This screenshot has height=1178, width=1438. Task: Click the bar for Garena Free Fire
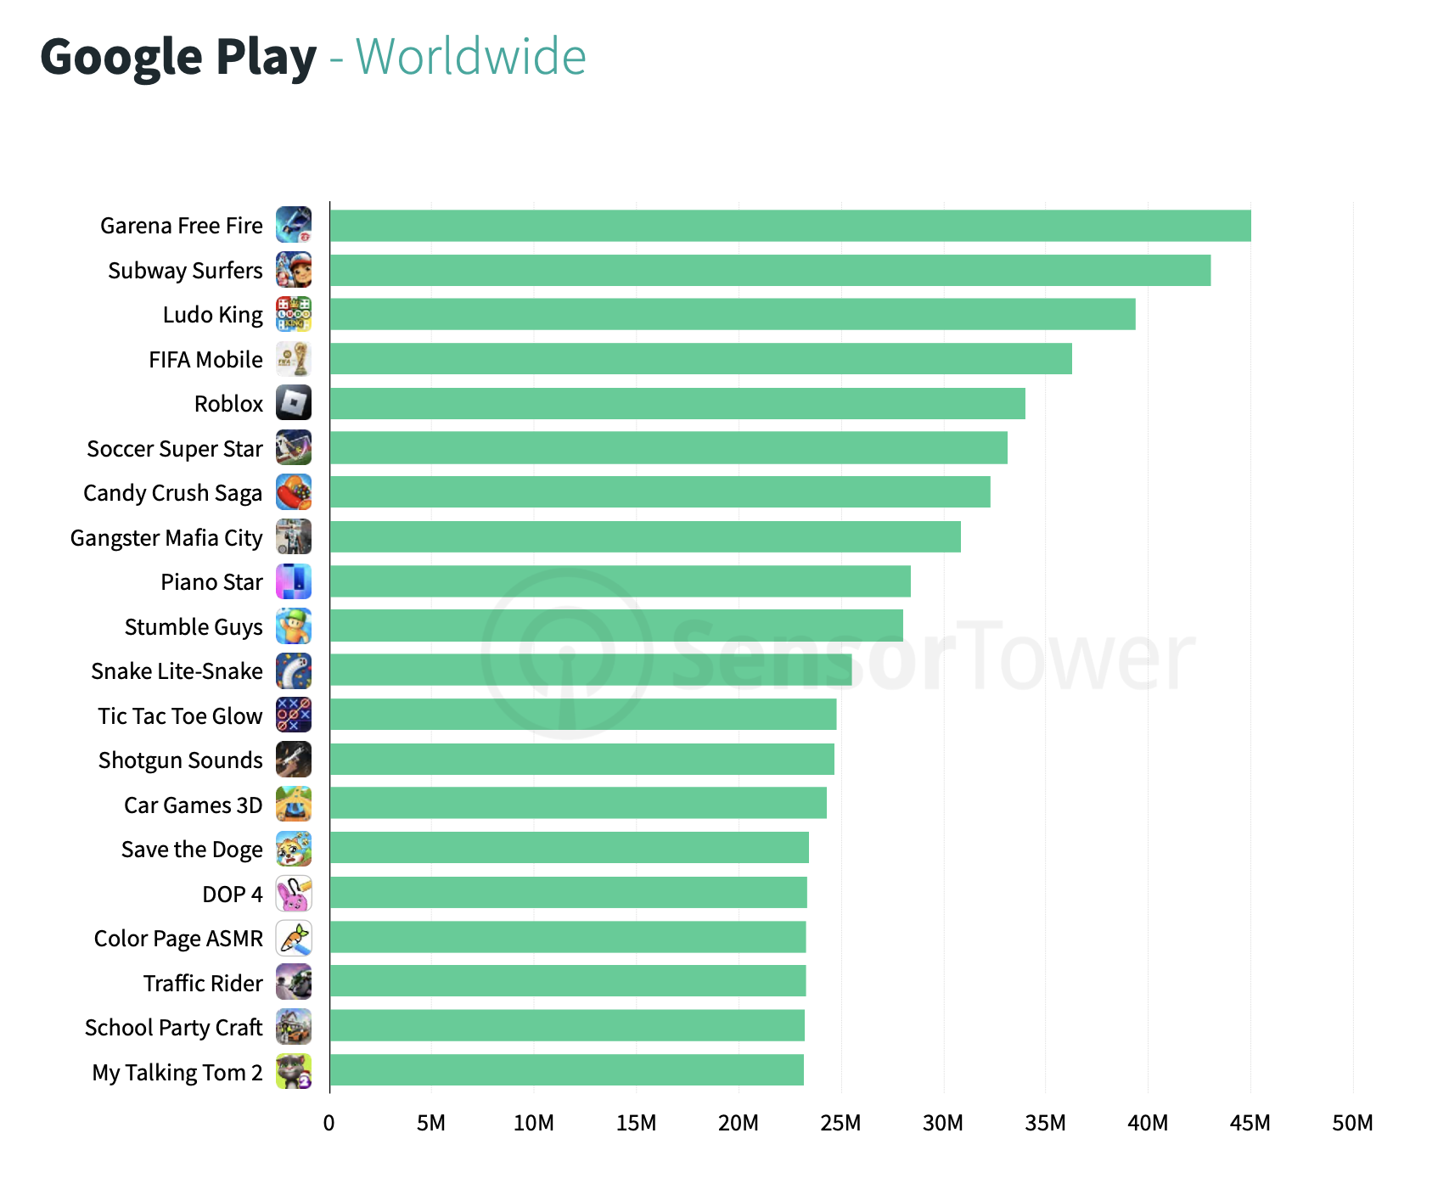pyautogui.click(x=789, y=226)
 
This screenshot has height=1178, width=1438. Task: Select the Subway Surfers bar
pyautogui.click(x=770, y=270)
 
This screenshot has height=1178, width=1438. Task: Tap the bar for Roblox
pyautogui.click(x=677, y=403)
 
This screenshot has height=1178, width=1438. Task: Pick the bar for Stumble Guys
pyautogui.click(x=616, y=625)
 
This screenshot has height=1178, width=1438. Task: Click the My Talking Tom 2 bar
pyautogui.click(x=566, y=1070)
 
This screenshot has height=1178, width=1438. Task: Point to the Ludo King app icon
pyautogui.click(x=294, y=314)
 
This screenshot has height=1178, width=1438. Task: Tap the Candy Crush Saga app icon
pyautogui.click(x=294, y=492)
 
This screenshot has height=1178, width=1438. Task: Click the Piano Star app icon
pyautogui.click(x=294, y=581)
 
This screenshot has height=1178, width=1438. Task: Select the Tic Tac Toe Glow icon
pyautogui.click(x=294, y=715)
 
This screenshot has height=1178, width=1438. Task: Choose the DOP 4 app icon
pyautogui.click(x=294, y=894)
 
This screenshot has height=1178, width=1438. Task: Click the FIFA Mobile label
pyautogui.click(x=205, y=360)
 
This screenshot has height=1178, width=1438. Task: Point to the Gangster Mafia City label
pyautogui.click(x=166, y=538)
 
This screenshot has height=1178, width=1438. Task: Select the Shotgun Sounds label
pyautogui.click(x=180, y=760)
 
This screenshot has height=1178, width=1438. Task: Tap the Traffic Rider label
pyautogui.click(x=203, y=983)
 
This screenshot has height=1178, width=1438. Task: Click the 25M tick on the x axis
pyautogui.click(x=840, y=1123)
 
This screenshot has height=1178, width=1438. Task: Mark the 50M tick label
pyautogui.click(x=1352, y=1123)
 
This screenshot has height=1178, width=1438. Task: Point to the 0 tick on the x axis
pyautogui.click(x=329, y=1123)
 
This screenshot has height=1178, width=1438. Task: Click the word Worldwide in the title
pyautogui.click(x=470, y=57)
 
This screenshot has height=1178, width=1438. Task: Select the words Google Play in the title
pyautogui.click(x=178, y=57)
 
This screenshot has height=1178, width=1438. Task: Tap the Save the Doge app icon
pyautogui.click(x=294, y=849)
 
